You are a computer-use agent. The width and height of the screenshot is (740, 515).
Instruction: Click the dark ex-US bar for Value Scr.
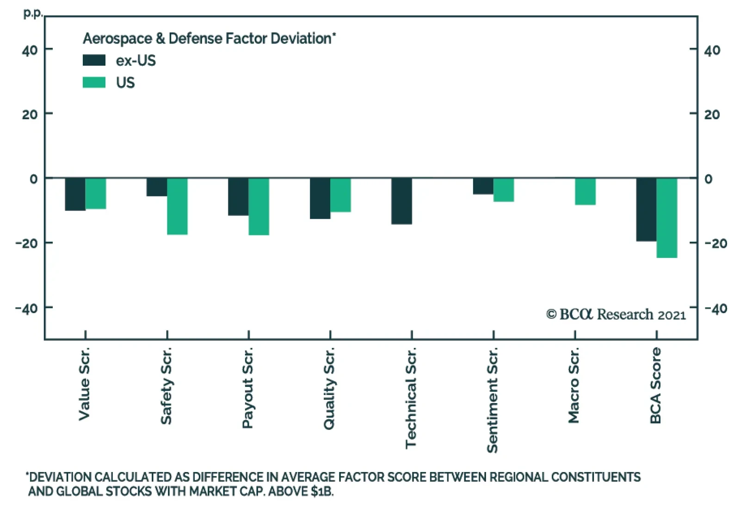pos(75,194)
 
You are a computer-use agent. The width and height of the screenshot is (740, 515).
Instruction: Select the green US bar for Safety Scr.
pos(177,206)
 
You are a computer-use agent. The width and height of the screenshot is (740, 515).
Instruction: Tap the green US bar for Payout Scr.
pos(259,207)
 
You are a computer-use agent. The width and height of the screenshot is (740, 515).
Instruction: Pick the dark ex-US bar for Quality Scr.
pos(320,198)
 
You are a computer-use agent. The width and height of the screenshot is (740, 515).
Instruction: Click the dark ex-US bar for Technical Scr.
pos(401,201)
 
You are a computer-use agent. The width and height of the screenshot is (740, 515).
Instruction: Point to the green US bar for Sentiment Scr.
pos(504,190)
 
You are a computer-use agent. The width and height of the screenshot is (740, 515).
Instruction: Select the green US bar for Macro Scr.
pos(585,191)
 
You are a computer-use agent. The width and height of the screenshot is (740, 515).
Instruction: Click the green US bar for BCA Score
pos(666,218)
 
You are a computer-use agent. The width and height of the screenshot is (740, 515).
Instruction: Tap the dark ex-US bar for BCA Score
pos(646,209)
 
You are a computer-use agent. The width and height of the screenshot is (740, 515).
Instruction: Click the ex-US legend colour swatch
pos(94,61)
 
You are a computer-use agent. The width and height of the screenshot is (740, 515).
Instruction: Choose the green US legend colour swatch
pos(94,82)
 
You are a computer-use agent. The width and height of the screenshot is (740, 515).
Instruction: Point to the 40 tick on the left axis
pos(30,50)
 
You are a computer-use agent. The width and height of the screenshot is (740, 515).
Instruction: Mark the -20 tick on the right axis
pos(715,243)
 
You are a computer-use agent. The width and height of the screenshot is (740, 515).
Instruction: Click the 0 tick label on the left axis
pos(33,179)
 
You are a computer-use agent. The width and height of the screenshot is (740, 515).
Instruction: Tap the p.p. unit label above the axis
pos(32,13)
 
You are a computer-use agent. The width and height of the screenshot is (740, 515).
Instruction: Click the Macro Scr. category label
pos(573,386)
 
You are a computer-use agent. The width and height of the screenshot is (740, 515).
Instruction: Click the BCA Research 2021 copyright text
pos(616,314)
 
